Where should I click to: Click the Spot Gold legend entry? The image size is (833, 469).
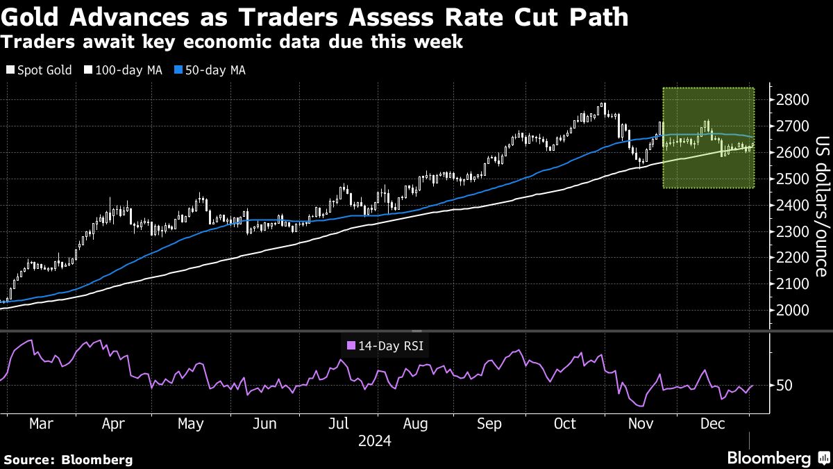tap(40, 70)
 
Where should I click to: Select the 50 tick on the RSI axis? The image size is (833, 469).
tap(785, 385)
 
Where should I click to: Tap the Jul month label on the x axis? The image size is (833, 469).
tap(338, 423)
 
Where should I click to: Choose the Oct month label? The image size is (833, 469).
tap(566, 423)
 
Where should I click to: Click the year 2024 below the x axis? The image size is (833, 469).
tap(375, 441)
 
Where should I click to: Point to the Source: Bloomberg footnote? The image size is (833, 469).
tap(68, 459)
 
